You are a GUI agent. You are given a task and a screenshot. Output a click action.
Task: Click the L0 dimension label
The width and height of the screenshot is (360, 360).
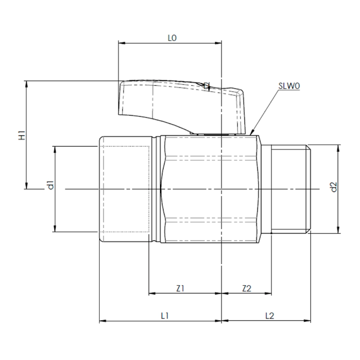[x=172, y=38]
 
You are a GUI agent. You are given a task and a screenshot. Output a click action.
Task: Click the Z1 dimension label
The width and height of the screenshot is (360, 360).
[x=181, y=288]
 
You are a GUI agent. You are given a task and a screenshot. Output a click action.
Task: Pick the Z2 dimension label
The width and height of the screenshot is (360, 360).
[x=247, y=288]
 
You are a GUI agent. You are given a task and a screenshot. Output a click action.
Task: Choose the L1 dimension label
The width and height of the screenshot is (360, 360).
[x=164, y=316]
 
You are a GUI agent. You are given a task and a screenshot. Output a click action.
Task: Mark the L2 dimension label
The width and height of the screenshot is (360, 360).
[x=270, y=316]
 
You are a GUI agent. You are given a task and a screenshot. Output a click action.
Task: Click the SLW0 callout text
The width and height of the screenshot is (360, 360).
[x=290, y=86]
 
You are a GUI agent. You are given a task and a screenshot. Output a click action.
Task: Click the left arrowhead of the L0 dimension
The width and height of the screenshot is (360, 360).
[x=121, y=43]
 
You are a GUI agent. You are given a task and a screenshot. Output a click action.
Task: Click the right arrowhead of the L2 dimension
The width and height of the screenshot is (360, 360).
[x=314, y=321]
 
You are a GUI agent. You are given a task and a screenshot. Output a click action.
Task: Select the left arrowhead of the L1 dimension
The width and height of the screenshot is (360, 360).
[x=102, y=321]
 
